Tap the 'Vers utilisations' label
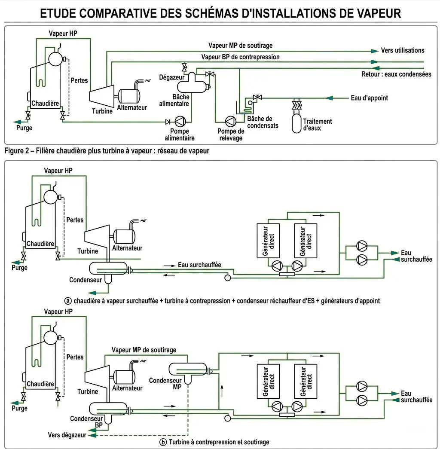click(x=402, y=50)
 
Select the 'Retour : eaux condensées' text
click(x=396, y=74)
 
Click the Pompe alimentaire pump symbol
click(x=180, y=121)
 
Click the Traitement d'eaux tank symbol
click(x=296, y=122)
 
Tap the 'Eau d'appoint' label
click(x=369, y=98)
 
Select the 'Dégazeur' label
click(x=171, y=77)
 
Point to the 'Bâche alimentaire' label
click(x=175, y=101)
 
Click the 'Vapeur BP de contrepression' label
click(x=240, y=57)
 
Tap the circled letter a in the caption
click(x=68, y=301)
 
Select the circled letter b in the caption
click(x=163, y=442)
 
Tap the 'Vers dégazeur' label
click(x=67, y=435)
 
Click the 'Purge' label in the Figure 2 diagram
click(x=24, y=128)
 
